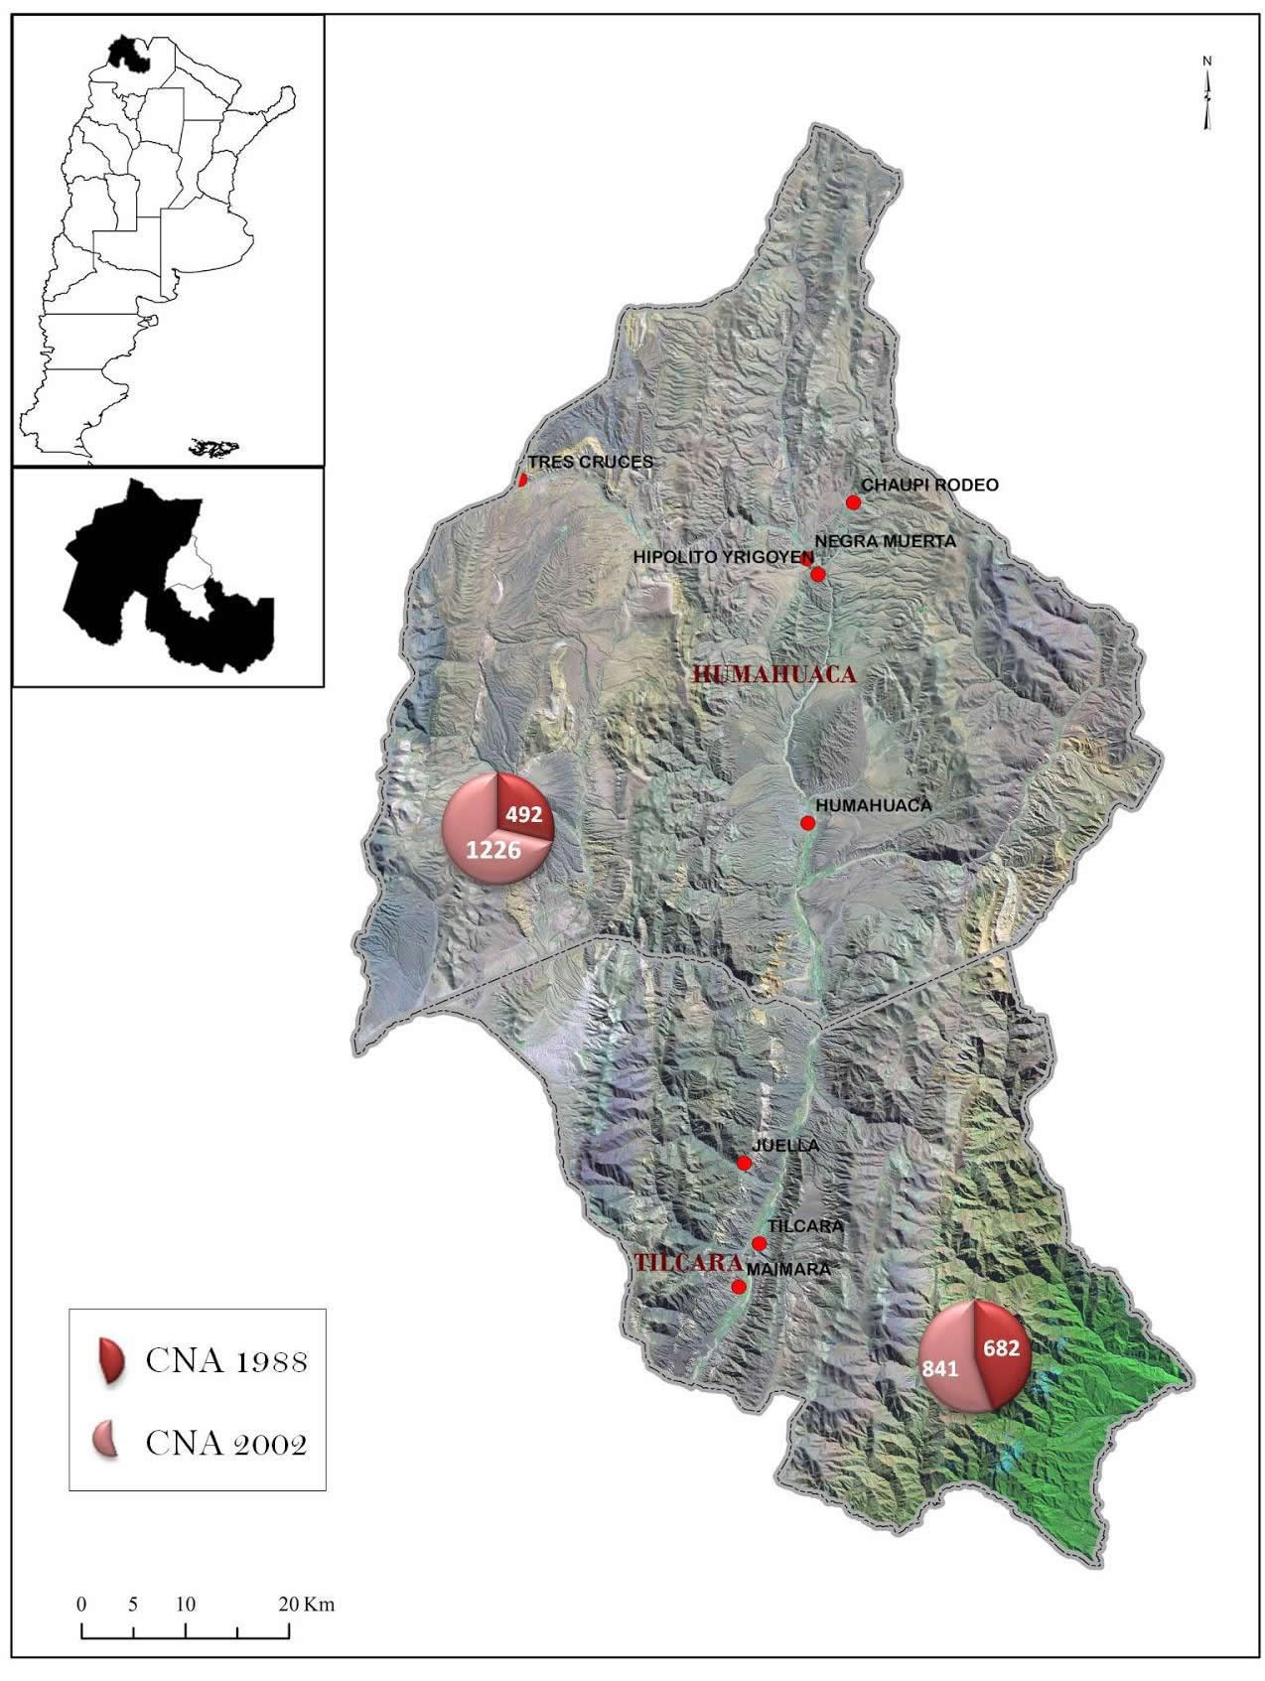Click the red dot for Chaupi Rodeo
coord(852,502)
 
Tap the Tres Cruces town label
coord(590,462)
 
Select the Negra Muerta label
coord(885,541)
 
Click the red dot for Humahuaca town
coord(807,823)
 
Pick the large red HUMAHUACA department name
coord(774,674)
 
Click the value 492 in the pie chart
coord(523,814)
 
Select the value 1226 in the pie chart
coord(494,849)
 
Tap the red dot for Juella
coord(744,1163)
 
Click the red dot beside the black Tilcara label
coord(760,1243)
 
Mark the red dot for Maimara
coord(738,1287)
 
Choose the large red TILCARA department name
coord(688,1264)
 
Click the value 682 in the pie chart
coord(1001,1348)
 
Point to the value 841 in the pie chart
coord(940,1369)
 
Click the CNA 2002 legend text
coord(226,1443)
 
